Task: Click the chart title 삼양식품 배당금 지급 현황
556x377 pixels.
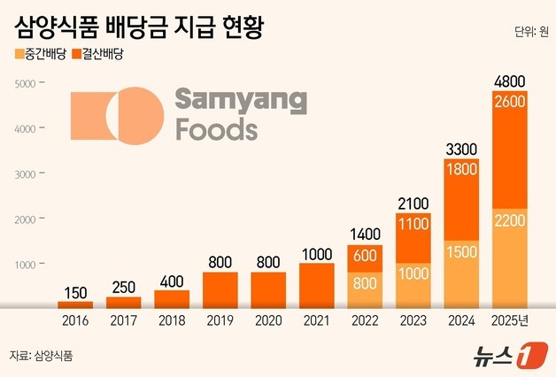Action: (140, 25)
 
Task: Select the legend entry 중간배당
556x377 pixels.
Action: (44, 55)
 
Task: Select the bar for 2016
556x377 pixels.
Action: (75, 304)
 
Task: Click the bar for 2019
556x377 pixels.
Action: (220, 289)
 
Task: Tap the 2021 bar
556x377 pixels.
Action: (317, 285)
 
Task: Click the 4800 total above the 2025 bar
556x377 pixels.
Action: (510, 81)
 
